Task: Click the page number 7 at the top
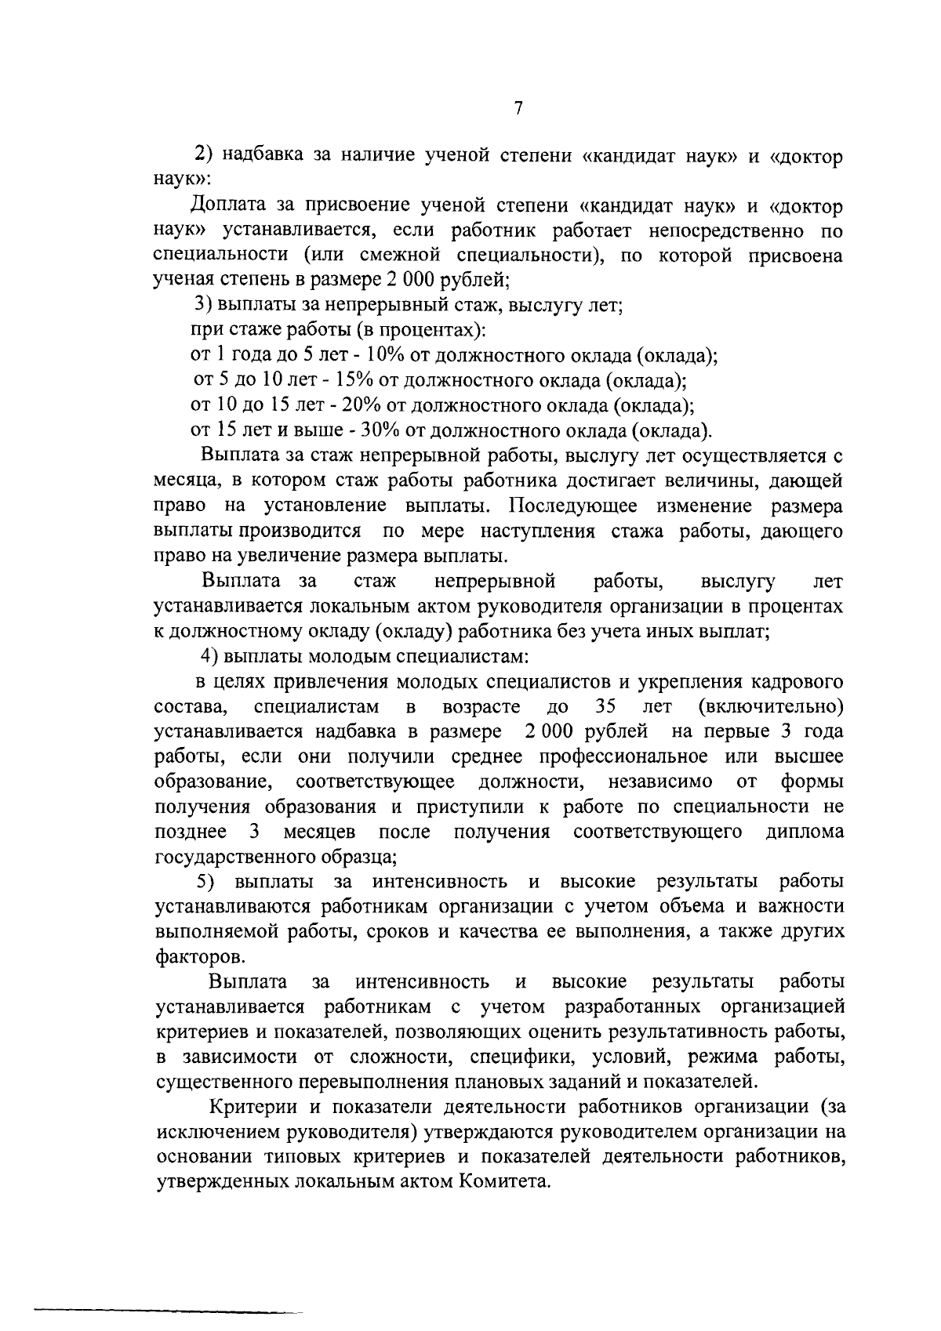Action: [x=518, y=109]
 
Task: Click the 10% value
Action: [x=385, y=355]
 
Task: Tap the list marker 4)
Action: [x=209, y=656]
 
